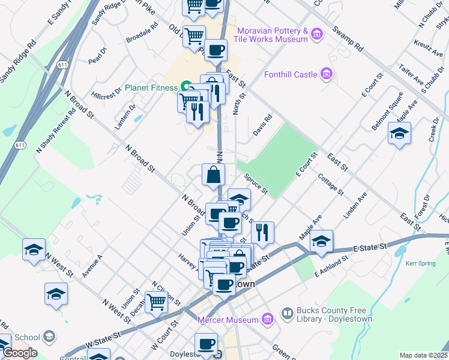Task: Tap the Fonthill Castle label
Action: [x=291, y=74]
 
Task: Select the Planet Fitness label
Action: [x=151, y=88]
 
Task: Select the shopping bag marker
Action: [x=214, y=175]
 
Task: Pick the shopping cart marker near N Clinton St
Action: [x=157, y=303]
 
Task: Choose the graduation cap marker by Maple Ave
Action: [x=322, y=241]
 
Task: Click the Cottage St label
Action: [x=331, y=185]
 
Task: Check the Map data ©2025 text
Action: [x=423, y=355]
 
